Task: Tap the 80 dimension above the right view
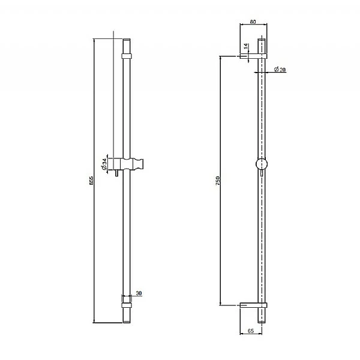point(252,22)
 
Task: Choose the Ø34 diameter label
point(104,163)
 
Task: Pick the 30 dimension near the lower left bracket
point(138,293)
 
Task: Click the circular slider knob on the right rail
point(261,164)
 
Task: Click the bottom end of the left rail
point(126,320)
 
